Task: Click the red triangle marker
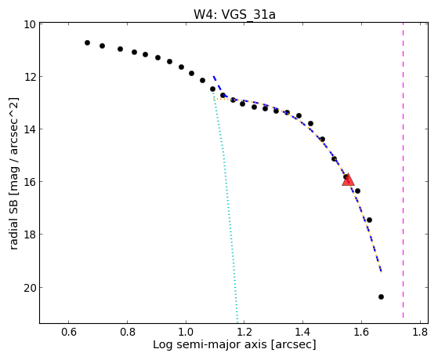[x=348, y=180]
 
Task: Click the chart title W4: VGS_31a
[x=234, y=14]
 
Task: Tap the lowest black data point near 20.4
[x=381, y=296]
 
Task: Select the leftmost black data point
[x=87, y=43]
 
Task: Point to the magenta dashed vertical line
[x=403, y=171]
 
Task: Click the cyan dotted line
[x=226, y=207]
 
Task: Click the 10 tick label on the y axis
[x=29, y=24]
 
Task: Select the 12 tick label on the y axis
[x=29, y=77]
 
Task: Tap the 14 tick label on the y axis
[x=29, y=129]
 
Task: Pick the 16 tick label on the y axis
[x=29, y=182]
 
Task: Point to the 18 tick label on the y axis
[x=29, y=235]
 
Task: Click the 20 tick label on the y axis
[x=29, y=288]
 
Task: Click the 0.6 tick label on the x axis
[x=69, y=332]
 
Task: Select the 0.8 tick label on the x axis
[x=128, y=332]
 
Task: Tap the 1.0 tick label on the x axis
[x=186, y=332]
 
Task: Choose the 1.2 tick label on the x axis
[x=244, y=332]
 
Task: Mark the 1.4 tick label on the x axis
[x=302, y=332]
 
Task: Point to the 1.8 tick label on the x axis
[x=420, y=332]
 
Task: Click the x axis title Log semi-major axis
[x=210, y=344]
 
